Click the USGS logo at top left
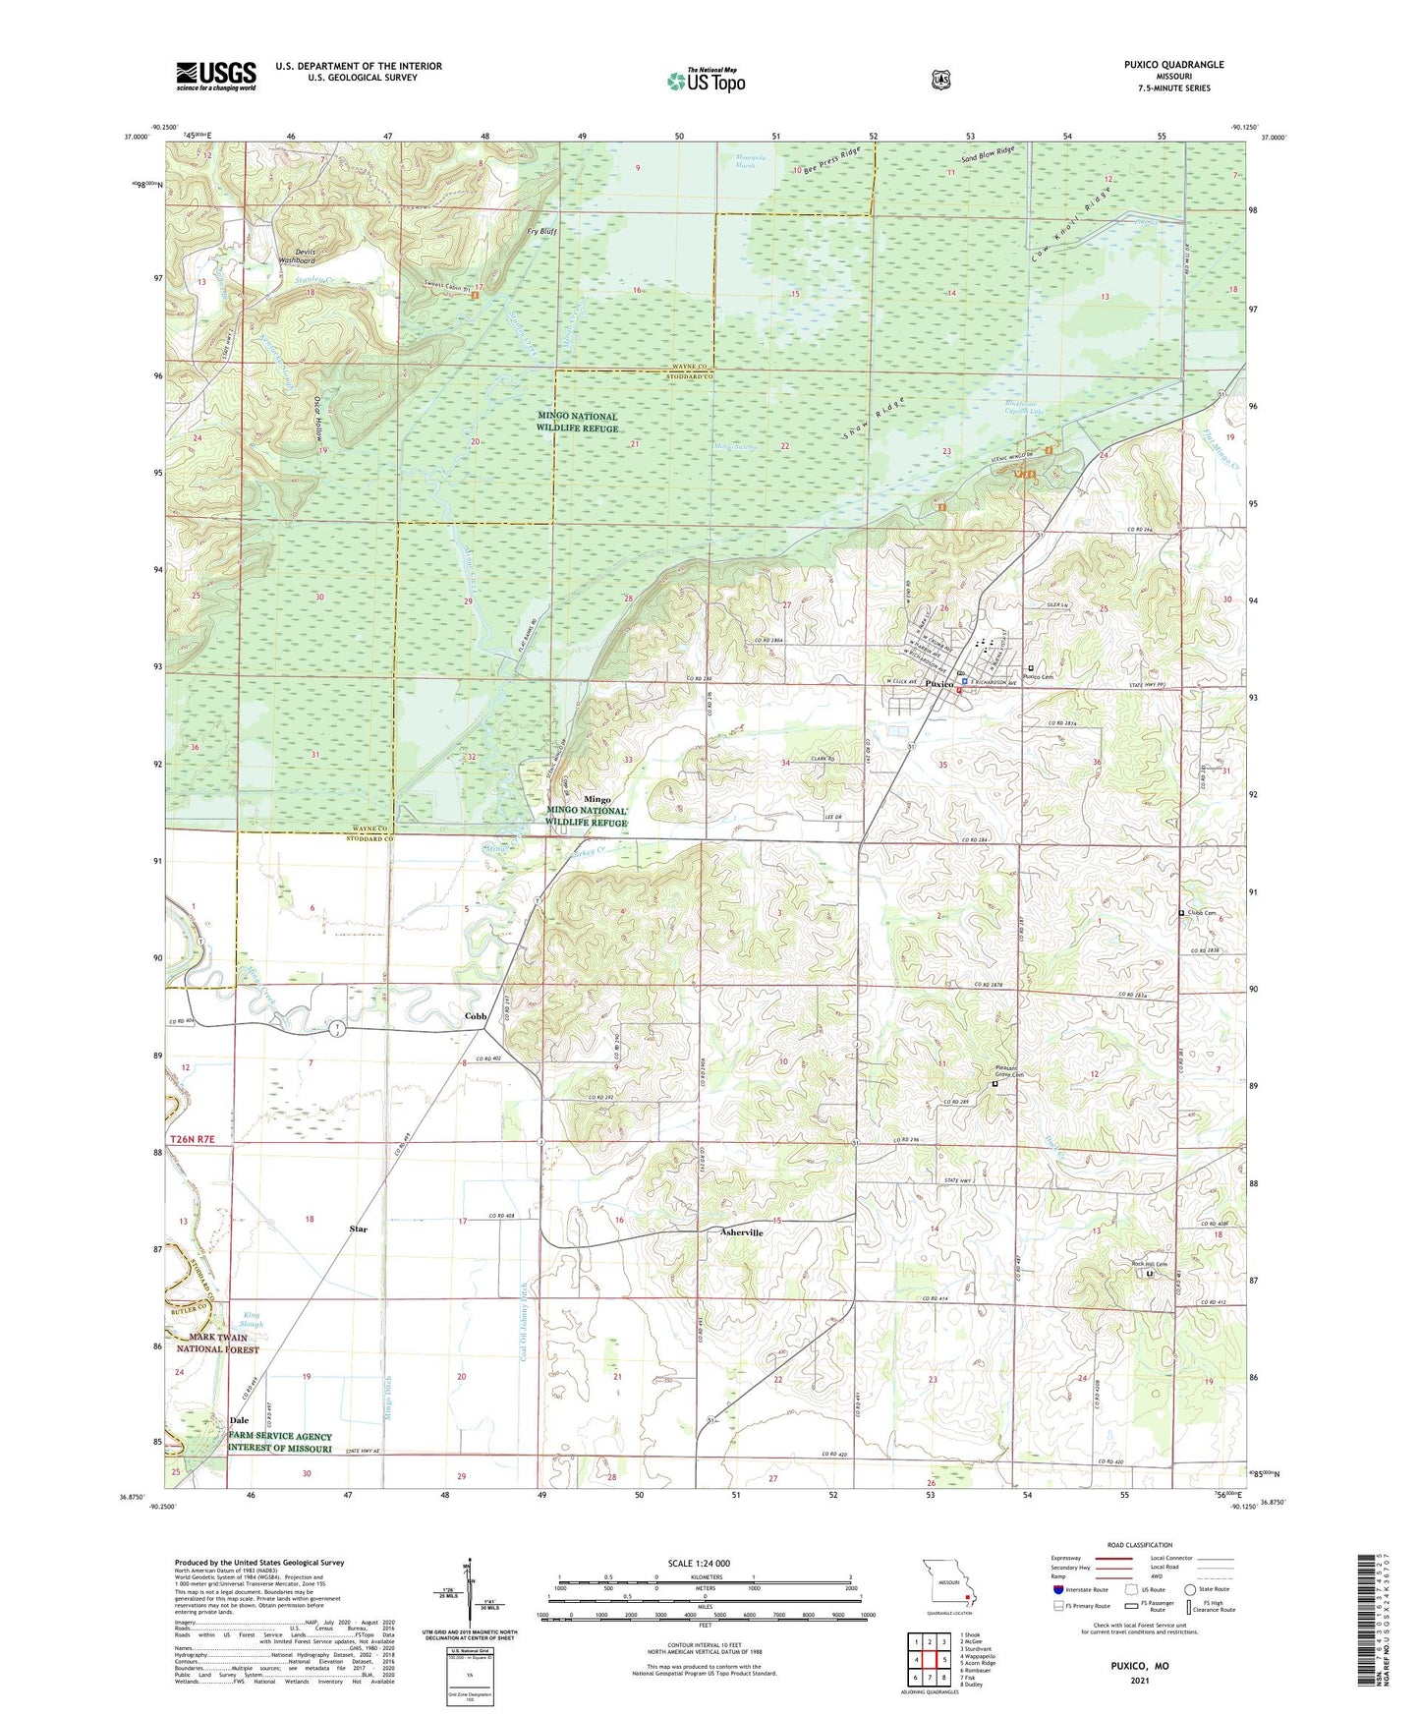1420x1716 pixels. [x=216, y=75]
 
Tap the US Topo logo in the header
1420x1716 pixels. [x=705, y=81]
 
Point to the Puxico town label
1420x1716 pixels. [x=939, y=683]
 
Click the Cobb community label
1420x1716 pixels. [x=476, y=1016]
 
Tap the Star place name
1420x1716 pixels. [x=359, y=1229]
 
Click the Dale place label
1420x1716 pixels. [x=239, y=1420]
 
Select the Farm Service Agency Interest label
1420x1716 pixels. [x=280, y=1442]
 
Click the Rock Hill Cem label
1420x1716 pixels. [x=1148, y=1264]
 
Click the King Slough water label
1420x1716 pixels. [x=254, y=1320]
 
